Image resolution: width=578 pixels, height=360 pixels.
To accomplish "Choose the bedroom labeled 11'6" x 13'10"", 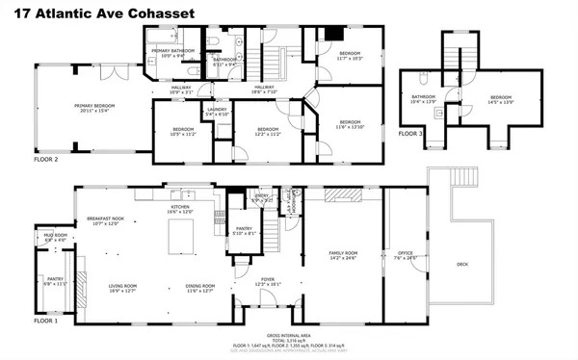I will tap(349, 124).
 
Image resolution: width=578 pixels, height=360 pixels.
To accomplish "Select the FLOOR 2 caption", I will tap(44, 159).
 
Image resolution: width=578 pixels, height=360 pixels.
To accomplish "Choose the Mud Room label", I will tap(55, 237).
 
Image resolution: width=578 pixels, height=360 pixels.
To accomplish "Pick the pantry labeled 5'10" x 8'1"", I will tap(244, 231).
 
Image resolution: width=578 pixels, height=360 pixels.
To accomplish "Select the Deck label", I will tap(462, 264).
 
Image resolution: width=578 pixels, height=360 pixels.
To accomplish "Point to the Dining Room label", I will tap(199, 288).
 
